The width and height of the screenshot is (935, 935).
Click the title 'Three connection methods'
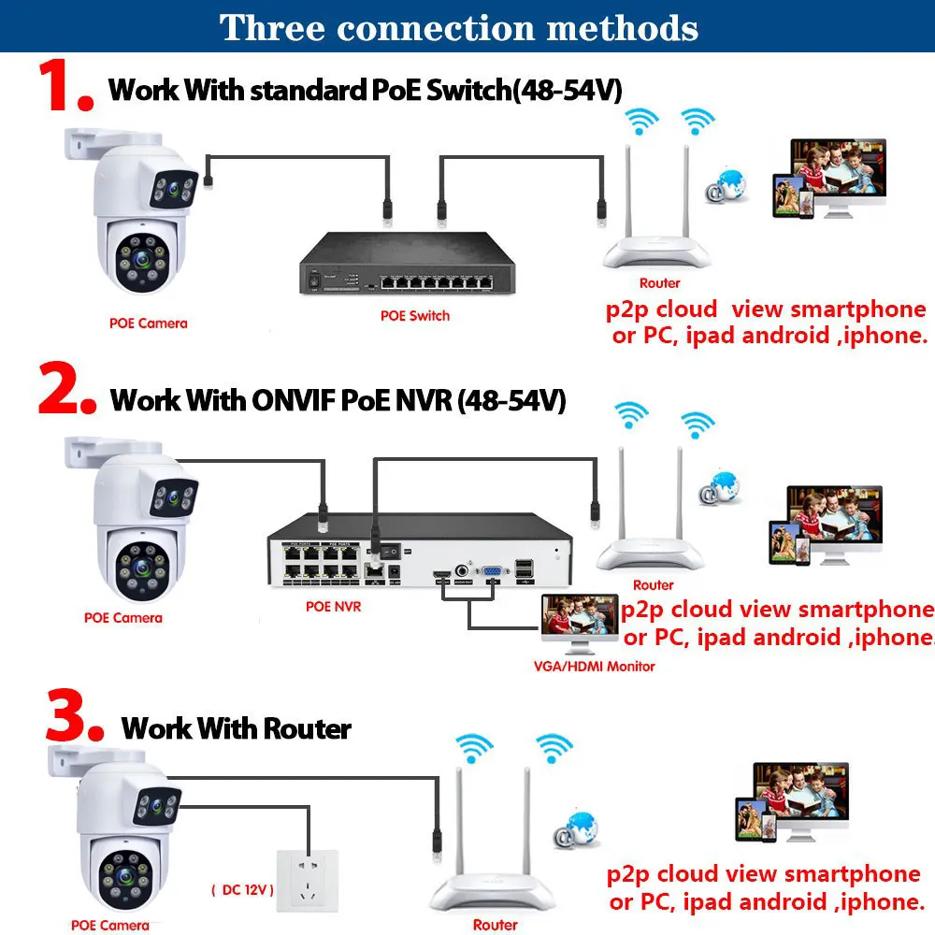458,27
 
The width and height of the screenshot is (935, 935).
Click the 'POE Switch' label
415,316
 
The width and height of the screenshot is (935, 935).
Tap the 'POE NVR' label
333,606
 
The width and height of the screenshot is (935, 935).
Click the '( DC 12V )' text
241,890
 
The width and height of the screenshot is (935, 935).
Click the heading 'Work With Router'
237,728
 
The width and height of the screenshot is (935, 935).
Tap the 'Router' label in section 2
653,585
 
